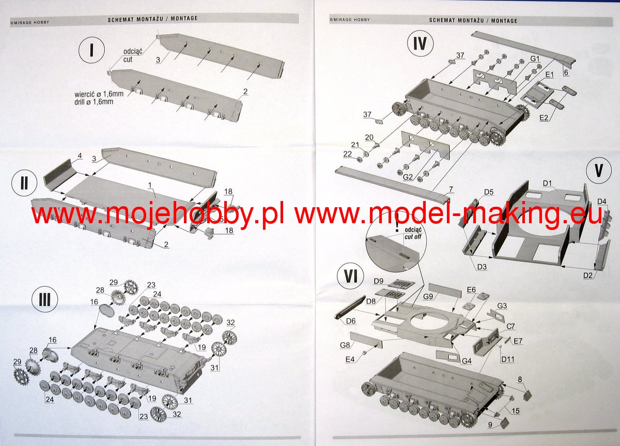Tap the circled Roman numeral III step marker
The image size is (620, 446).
(x=45, y=300)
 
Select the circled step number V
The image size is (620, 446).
(x=599, y=171)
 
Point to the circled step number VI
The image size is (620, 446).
(x=350, y=276)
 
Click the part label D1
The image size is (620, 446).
(x=547, y=183)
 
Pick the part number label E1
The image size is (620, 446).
(x=550, y=75)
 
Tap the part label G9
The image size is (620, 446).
(x=428, y=297)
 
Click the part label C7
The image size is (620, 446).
(x=510, y=327)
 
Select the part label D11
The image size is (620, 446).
(x=508, y=359)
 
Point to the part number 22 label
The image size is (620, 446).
(x=347, y=154)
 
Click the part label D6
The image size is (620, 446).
(x=351, y=321)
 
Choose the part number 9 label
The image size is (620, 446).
(x=490, y=424)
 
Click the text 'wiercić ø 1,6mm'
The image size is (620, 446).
(x=99, y=94)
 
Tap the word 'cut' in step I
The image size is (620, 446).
(x=128, y=59)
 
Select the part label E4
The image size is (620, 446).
(x=350, y=360)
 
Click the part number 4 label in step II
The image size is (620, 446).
(x=80, y=156)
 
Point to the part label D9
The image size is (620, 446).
(x=378, y=281)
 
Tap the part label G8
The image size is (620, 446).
(x=345, y=345)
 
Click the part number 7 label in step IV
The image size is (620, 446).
(x=451, y=189)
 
